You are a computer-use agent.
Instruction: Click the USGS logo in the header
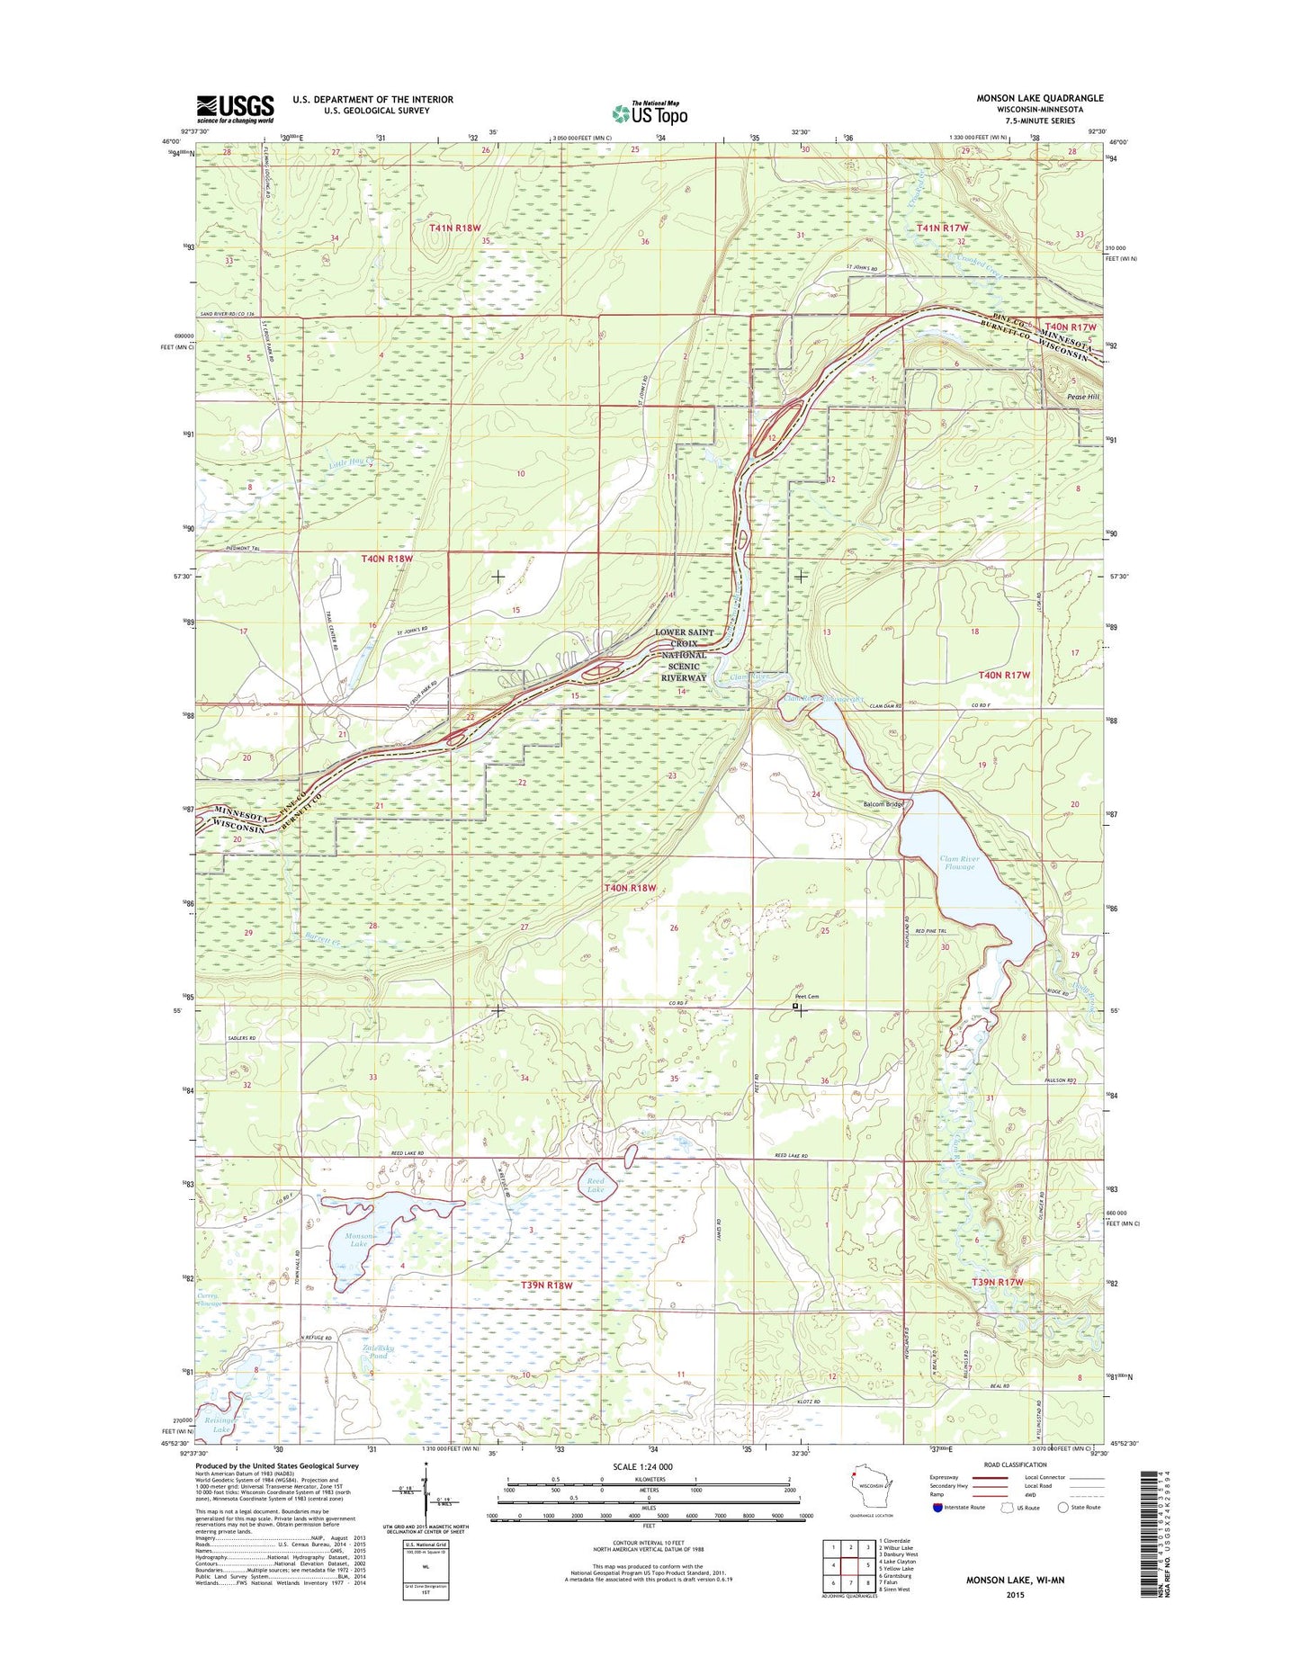coord(235,109)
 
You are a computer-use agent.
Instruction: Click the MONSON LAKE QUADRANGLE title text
coord(1039,98)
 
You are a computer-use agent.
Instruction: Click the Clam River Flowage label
coord(959,863)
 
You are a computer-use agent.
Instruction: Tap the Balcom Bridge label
coord(883,804)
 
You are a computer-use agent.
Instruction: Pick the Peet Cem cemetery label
coord(807,997)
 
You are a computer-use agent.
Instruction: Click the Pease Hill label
coord(1082,397)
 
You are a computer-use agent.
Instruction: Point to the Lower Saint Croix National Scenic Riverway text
coord(684,655)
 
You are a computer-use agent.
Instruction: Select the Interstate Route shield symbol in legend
coord(938,1532)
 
